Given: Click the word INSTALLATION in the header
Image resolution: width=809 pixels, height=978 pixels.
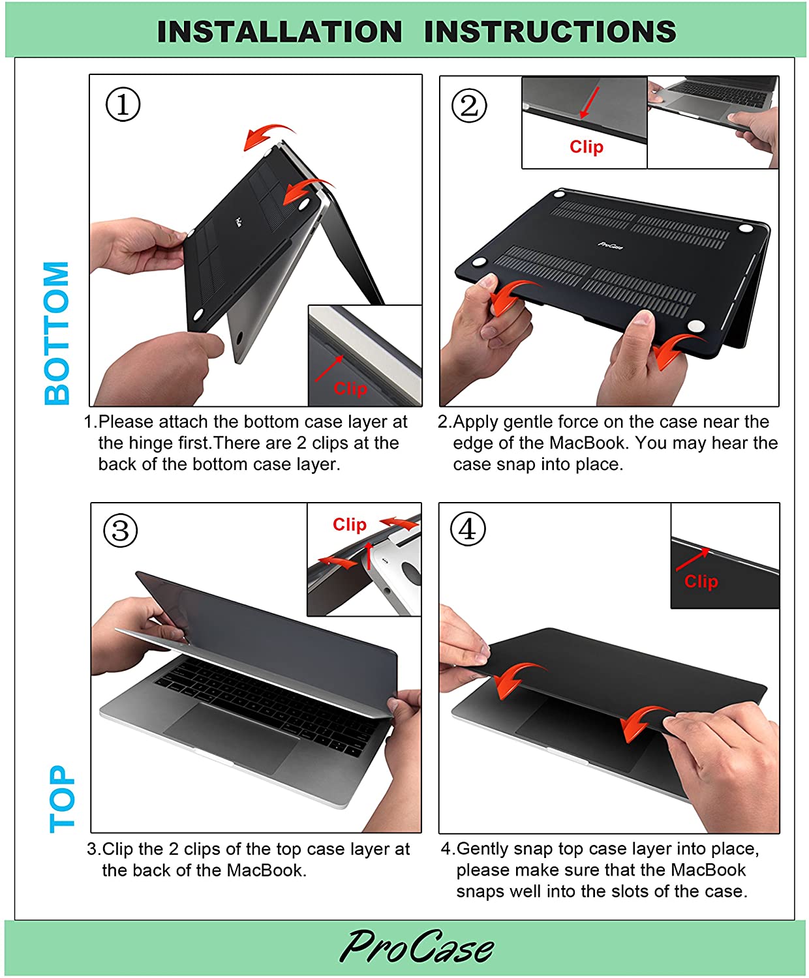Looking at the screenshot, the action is click(x=279, y=32).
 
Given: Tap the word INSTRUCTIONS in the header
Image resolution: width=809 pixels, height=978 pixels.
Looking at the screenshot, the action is click(x=550, y=32).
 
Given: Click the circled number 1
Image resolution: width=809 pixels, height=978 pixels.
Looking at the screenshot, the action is click(x=123, y=104).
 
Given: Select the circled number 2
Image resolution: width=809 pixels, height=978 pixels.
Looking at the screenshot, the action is click(x=469, y=106).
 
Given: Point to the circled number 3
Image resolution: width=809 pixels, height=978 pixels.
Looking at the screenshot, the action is click(x=121, y=531).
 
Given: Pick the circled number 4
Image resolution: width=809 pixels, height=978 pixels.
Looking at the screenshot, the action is click(x=468, y=529).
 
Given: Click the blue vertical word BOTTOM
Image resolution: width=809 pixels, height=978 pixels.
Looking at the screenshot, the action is click(x=56, y=333).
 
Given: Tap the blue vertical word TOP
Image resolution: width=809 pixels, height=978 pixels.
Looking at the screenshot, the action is click(x=61, y=799).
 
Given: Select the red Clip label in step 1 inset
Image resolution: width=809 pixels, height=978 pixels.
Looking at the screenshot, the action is click(x=350, y=389).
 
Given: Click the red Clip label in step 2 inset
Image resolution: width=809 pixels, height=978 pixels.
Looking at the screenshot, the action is click(x=587, y=147).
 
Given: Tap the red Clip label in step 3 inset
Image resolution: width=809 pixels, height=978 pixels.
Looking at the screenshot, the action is click(x=350, y=525).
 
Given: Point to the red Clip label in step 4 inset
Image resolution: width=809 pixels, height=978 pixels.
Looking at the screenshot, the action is click(x=701, y=582).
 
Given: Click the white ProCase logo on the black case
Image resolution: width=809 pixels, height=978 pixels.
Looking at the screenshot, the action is click(x=610, y=245).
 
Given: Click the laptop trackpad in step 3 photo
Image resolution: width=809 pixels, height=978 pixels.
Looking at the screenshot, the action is click(x=232, y=737).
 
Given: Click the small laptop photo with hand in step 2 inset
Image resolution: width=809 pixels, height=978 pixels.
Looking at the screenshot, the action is click(x=713, y=123).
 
